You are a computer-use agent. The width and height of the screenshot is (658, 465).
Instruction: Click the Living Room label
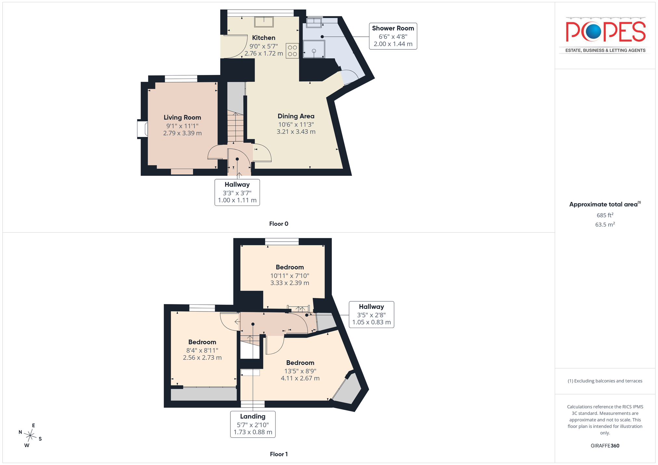[x=182, y=117]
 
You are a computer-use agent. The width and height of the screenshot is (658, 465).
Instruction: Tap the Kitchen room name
[x=264, y=38]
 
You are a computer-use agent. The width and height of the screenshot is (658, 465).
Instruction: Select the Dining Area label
[x=296, y=116]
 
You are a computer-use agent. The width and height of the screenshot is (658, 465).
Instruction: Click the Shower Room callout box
[x=393, y=36]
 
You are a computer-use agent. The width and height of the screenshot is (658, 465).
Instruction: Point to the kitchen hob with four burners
[x=292, y=51]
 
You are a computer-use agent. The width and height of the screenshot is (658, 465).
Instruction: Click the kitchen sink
[x=264, y=22]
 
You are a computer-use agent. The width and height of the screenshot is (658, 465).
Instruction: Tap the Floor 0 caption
[x=279, y=224]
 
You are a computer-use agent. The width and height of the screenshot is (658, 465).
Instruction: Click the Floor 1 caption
[x=279, y=454]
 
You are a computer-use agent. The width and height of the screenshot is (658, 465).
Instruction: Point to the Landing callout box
[x=253, y=424]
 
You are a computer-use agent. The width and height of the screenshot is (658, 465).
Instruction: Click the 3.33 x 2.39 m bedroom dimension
[x=290, y=283]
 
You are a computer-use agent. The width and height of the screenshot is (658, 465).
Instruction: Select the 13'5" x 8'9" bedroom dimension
[x=300, y=371]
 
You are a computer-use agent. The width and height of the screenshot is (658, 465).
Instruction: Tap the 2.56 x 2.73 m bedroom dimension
[x=202, y=358]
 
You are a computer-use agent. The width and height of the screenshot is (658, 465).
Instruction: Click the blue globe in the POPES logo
[x=593, y=31]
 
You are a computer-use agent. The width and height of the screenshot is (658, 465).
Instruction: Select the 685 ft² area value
[x=605, y=215]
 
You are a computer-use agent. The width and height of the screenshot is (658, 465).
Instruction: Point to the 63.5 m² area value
[x=605, y=225]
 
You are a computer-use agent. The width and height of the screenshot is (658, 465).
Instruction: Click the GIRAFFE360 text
[x=605, y=446]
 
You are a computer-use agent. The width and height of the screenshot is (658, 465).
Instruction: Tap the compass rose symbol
[x=31, y=435]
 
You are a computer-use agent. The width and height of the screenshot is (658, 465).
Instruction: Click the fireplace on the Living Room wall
[x=142, y=129]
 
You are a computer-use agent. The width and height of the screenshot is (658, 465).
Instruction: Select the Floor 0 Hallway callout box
[x=237, y=192]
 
